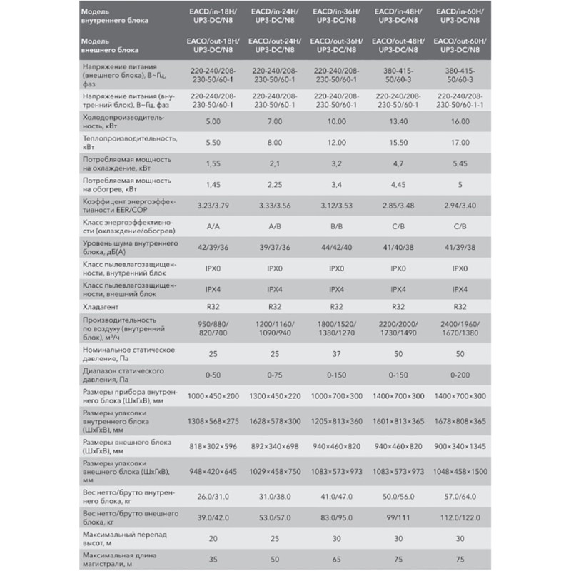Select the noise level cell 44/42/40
[x=336, y=247]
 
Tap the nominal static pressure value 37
[x=336, y=354]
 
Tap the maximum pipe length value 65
[x=336, y=561]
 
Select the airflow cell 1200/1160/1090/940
[x=274, y=329]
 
